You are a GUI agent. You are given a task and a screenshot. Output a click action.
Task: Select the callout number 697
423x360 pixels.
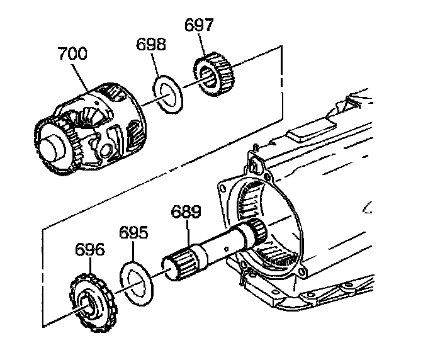200,26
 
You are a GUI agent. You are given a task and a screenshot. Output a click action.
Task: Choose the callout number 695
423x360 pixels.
134,233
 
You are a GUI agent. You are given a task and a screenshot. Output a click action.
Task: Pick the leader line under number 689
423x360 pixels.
187,234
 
